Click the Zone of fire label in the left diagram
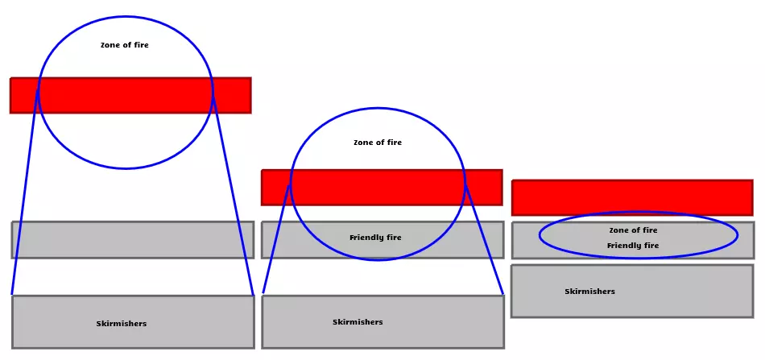click(124, 45)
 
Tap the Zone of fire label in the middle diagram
click(378, 143)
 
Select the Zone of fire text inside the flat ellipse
click(633, 230)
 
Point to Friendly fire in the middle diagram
click(375, 238)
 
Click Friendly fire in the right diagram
click(633, 246)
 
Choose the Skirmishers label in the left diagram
click(122, 324)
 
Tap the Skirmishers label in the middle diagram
click(358, 322)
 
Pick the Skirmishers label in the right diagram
click(589, 292)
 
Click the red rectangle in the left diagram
click(129, 95)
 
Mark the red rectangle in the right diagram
click(632, 197)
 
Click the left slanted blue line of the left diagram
click(24, 193)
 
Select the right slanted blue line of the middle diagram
click(485, 242)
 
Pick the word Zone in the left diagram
click(110, 45)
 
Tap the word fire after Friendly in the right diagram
click(650, 246)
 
